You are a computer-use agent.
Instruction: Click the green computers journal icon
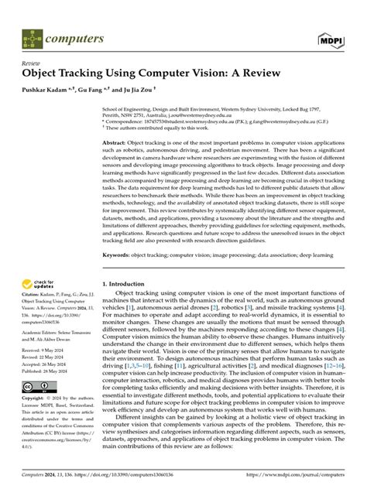point(32,37)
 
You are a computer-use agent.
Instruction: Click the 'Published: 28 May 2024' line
point(48,392)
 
